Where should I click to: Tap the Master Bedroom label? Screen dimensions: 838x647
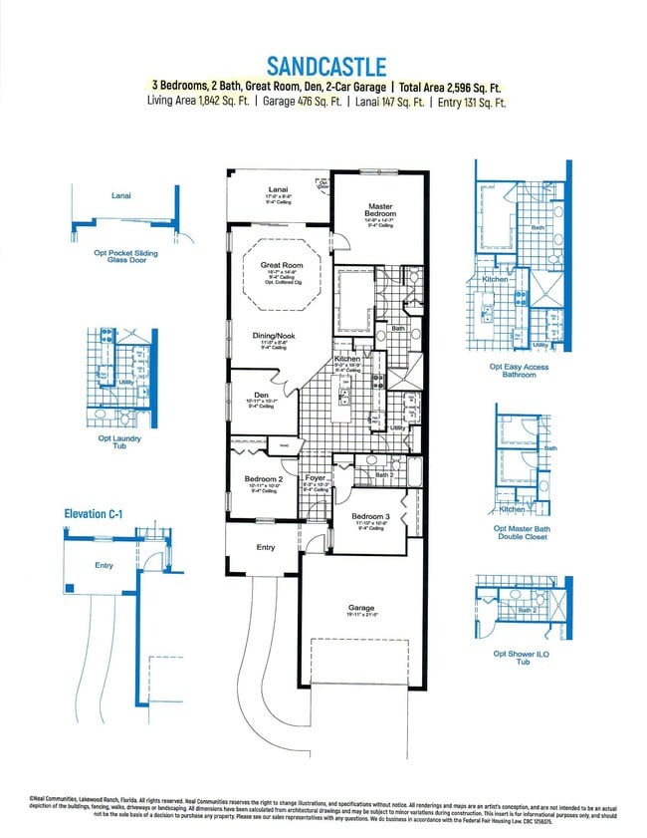click(x=380, y=210)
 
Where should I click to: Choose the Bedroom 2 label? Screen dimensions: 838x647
click(x=263, y=479)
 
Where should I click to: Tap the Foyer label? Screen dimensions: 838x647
click(x=316, y=478)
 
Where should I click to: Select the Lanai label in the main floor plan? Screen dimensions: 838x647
click(x=278, y=189)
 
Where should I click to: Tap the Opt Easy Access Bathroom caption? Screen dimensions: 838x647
click(x=519, y=373)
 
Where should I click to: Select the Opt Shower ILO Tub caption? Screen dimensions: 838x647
click(x=519, y=660)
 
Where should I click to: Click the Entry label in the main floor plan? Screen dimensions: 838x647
click(x=266, y=547)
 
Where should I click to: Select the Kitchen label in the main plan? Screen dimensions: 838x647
click(x=346, y=358)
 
